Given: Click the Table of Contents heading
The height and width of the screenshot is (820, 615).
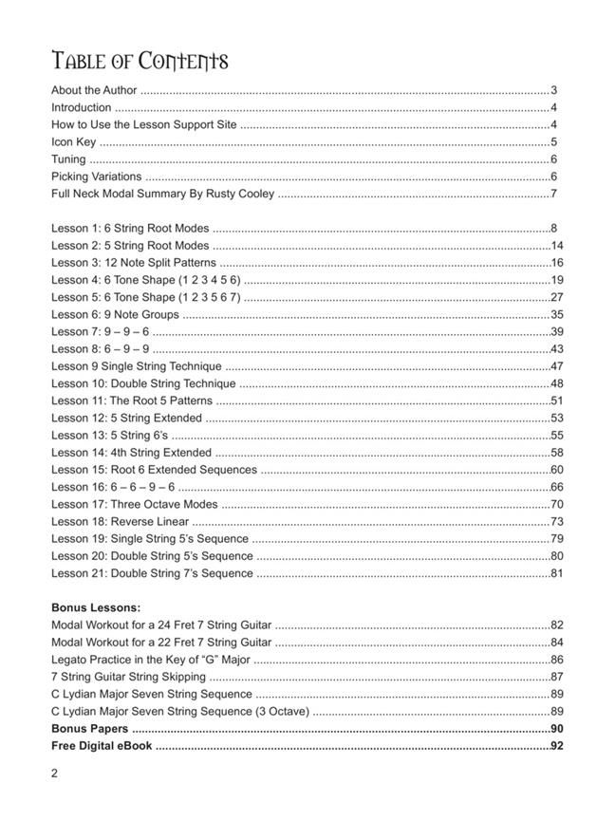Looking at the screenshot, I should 140,63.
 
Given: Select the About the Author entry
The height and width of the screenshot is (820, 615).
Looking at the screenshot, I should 94,91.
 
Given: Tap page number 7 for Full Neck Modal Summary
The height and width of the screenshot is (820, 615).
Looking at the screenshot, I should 553,194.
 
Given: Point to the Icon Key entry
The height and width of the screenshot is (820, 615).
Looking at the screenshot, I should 73,142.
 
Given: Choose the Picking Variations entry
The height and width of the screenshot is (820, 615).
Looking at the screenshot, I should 96,177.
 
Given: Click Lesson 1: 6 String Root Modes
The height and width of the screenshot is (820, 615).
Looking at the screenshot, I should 130,229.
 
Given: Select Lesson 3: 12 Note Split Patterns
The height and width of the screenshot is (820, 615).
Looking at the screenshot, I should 133,263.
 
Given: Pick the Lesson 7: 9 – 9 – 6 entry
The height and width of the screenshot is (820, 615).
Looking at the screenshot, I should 100,331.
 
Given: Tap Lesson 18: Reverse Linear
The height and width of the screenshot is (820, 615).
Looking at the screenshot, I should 121,521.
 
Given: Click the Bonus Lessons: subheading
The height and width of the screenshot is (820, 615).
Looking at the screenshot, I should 96,607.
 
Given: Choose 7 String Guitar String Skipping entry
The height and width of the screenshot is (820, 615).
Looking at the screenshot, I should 128,677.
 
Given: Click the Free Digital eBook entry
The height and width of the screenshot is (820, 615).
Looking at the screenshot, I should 102,746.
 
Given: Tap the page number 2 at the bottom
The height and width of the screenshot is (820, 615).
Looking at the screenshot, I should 55,773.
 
